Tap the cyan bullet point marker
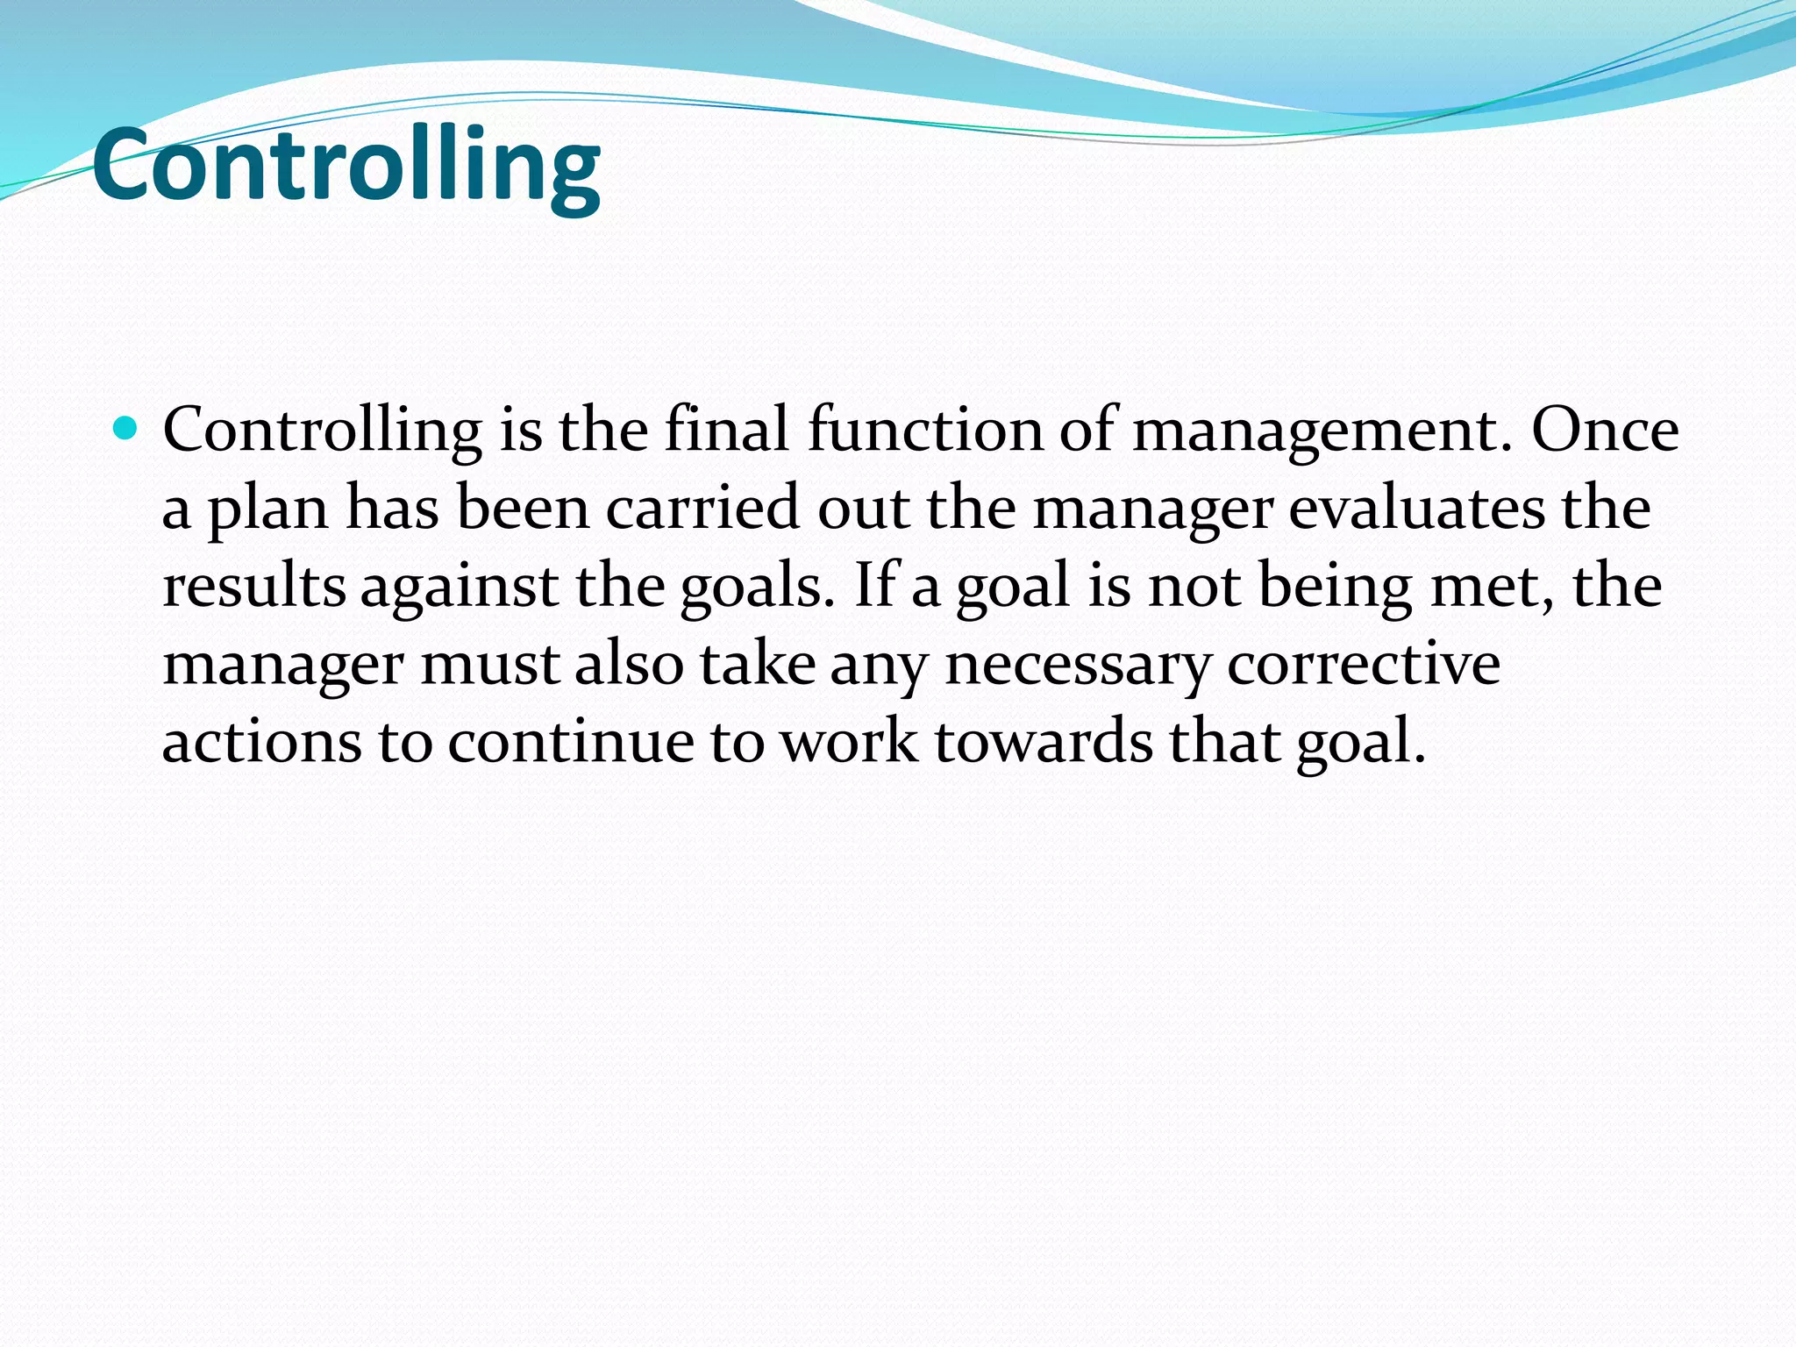(x=125, y=429)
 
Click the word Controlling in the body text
(x=322, y=431)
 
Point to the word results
(x=254, y=586)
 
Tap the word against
(x=460, y=588)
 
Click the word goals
(x=757, y=588)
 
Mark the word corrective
(x=1364, y=664)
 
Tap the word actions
(x=262, y=742)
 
